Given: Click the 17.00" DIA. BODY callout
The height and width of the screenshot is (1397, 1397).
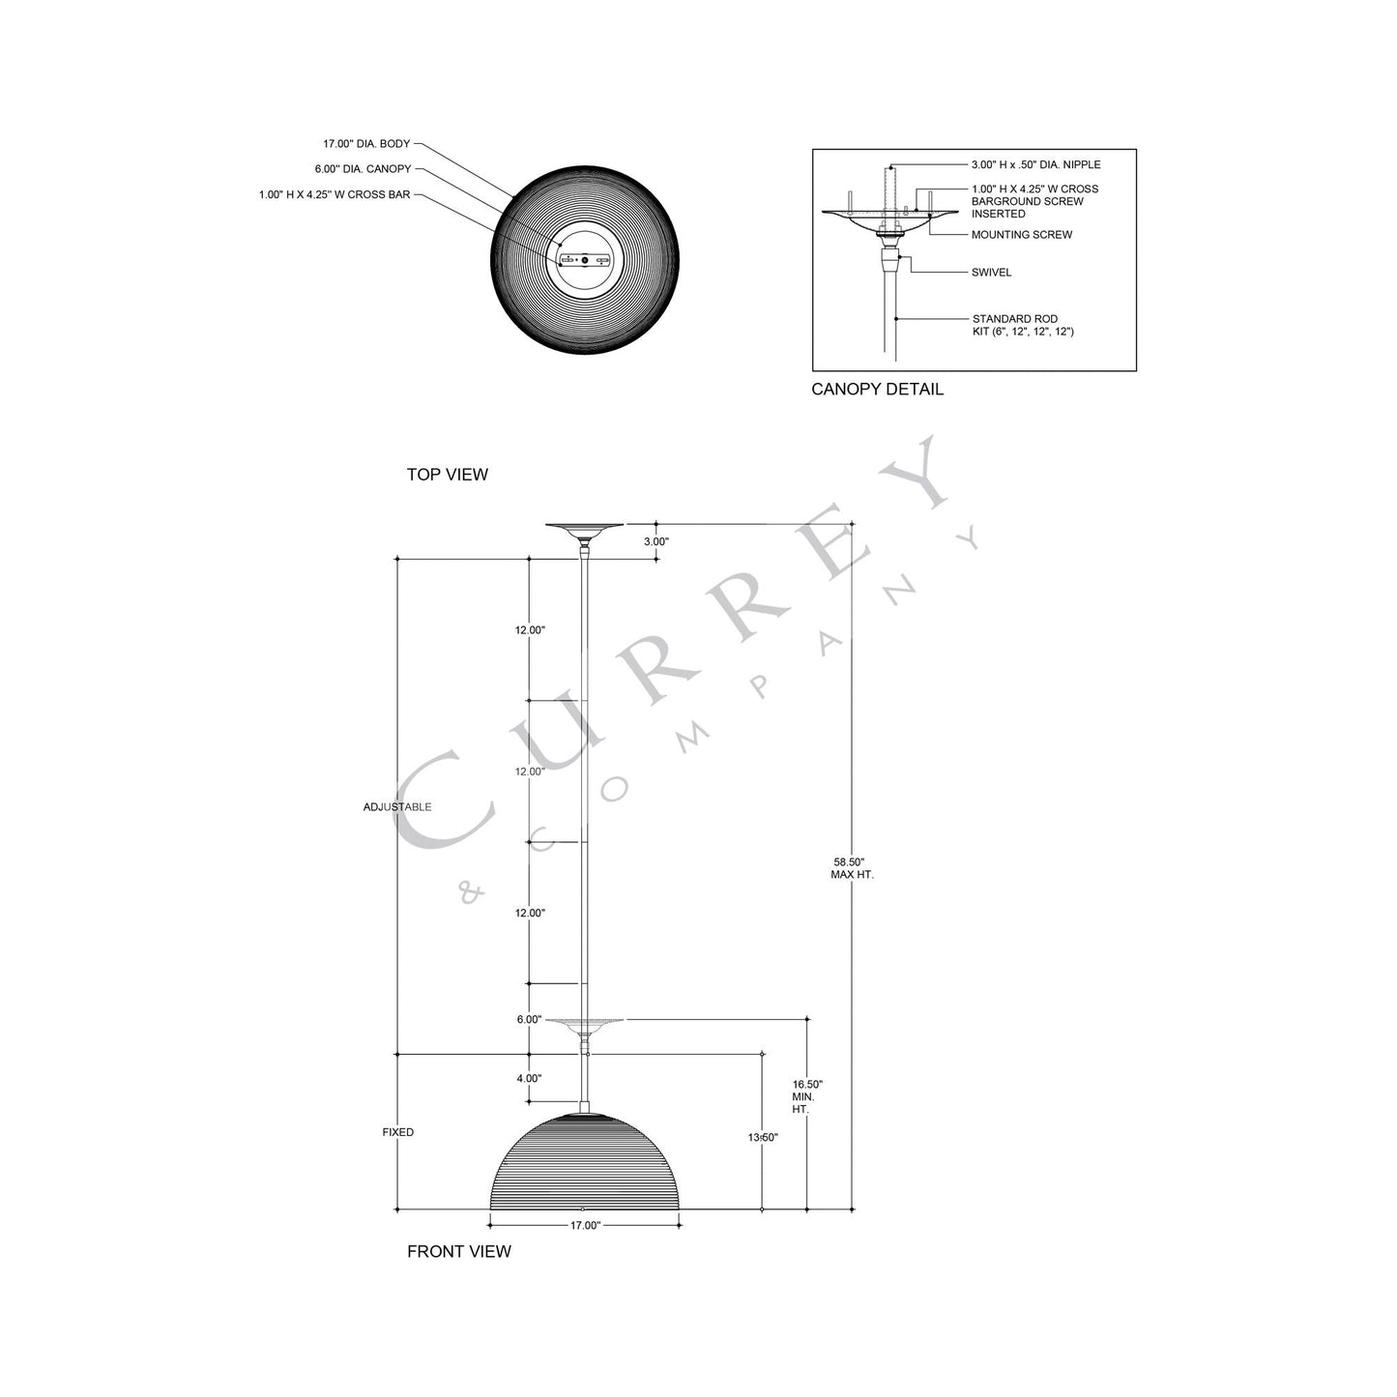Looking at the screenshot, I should (x=366, y=143).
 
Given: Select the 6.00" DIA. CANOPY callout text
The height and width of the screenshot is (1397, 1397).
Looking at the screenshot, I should (x=363, y=169).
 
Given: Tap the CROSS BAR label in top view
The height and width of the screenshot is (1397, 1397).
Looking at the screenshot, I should (x=335, y=195).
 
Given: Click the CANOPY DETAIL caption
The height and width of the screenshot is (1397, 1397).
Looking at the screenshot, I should (x=877, y=390).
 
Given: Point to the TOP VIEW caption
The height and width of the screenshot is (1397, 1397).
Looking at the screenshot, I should (x=447, y=475).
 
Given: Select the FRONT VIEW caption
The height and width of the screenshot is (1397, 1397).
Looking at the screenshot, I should (x=458, y=1251).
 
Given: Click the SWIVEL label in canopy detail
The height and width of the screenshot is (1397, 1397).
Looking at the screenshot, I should (x=991, y=273).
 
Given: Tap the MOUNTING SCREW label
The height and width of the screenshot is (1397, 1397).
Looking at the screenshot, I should (x=1021, y=235).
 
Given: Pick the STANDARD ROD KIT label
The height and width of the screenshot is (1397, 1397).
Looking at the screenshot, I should (x=1022, y=325).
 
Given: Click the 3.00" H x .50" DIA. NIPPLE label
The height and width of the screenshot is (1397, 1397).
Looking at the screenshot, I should (x=1035, y=164).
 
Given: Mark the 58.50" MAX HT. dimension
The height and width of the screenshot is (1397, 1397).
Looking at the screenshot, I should (x=852, y=868).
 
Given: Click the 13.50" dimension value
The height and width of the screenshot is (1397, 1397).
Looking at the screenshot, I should (x=763, y=1138).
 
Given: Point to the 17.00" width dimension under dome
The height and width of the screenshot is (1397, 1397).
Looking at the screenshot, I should (x=585, y=1226).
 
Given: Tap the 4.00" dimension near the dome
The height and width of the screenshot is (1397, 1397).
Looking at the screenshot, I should (x=529, y=1078).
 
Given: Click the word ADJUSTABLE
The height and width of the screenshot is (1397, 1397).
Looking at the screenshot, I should (x=397, y=807).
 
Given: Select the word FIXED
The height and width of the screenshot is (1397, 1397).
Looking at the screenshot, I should (x=397, y=1132).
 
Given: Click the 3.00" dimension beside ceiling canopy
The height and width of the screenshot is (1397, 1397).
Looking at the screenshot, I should (x=655, y=542).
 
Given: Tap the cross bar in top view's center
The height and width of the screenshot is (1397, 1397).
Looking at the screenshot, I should (x=584, y=260).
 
